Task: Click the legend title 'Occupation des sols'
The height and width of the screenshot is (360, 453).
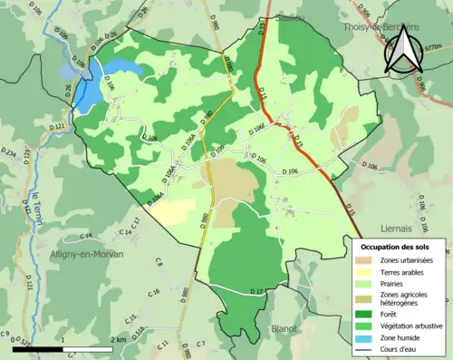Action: [x=397, y=247]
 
